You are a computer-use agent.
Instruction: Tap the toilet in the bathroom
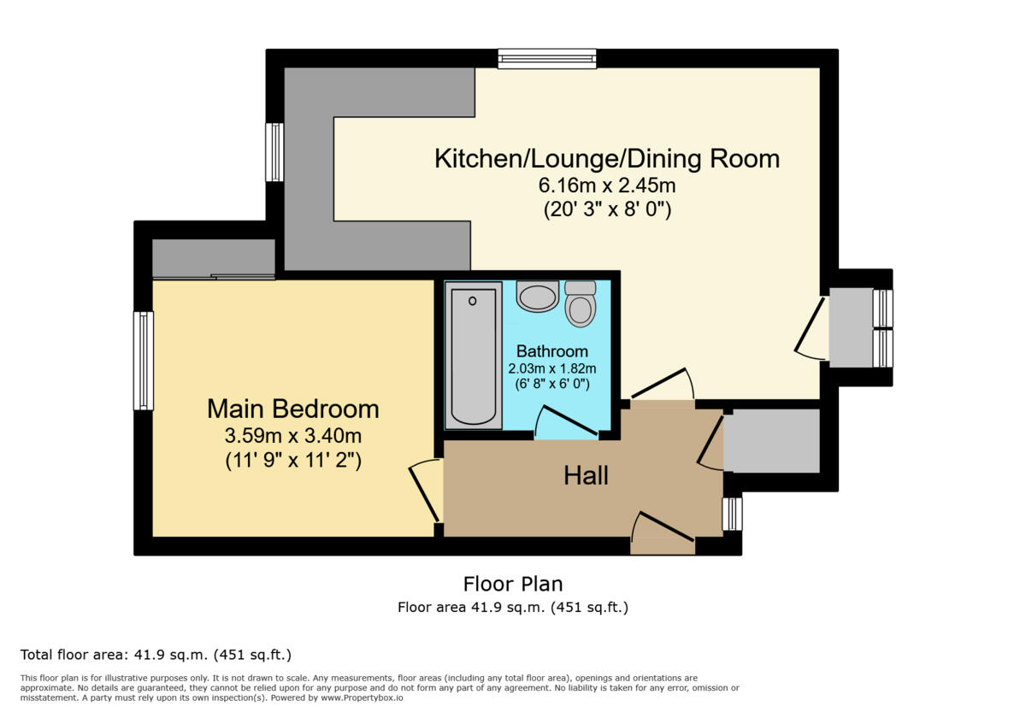[581, 304]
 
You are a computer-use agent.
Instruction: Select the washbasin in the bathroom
[538, 297]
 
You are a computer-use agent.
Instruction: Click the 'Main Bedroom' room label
[292, 409]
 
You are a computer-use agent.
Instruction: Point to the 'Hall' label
[586, 475]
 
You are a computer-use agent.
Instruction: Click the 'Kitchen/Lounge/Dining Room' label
[607, 159]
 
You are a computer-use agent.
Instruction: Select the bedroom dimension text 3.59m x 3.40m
[292, 436]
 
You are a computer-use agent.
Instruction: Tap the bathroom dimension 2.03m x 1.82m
[551, 368]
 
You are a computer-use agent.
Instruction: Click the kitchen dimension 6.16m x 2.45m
[607, 185]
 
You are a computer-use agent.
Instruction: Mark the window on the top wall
[547, 59]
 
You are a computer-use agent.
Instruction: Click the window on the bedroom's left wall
[144, 361]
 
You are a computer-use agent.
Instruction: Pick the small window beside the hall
[732, 514]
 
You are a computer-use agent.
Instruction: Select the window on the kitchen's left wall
[274, 152]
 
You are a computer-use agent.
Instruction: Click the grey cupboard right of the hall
[771, 440]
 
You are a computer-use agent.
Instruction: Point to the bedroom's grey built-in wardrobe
[213, 257]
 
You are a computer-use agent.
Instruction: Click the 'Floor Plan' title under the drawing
[513, 585]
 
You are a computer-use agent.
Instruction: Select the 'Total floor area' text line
[156, 656]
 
